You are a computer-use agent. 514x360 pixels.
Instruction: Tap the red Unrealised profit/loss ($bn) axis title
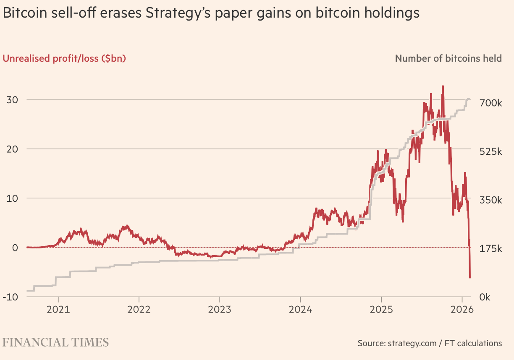click(x=64, y=58)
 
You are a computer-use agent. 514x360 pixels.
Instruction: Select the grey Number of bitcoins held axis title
click(x=448, y=58)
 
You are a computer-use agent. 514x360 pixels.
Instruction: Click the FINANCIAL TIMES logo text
click(x=56, y=342)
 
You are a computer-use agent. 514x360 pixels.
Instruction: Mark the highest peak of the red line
click(x=443, y=86)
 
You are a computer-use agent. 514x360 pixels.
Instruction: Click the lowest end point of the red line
click(x=470, y=277)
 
